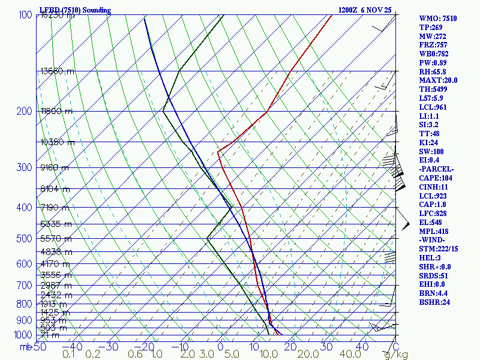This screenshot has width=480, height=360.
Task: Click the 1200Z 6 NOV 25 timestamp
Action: pyautogui.click(x=365, y=10)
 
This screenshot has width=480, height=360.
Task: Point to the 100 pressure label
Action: pyautogui.click(x=25, y=14)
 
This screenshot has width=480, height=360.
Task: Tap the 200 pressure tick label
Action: pyautogui.click(x=25, y=111)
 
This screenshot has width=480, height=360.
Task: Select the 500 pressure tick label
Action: pyautogui.click(x=25, y=239)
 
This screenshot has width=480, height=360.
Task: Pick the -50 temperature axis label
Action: pyautogui.click(x=38, y=346)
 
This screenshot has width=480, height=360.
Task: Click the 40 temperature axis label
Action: pyautogui.click(x=362, y=346)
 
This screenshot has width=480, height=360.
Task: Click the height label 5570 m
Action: pyautogui.click(x=56, y=239)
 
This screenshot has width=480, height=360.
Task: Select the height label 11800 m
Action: pyautogui.click(x=56, y=111)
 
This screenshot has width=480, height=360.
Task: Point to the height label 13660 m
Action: pyautogui.click(x=58, y=71)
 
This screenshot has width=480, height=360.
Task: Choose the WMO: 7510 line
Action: pyautogui.click(x=438, y=19)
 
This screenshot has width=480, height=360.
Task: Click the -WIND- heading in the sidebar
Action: pyautogui.click(x=434, y=240)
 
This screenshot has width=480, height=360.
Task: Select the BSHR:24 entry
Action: pyautogui.click(x=436, y=302)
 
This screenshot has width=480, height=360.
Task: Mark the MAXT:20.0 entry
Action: pyautogui.click(x=438, y=80)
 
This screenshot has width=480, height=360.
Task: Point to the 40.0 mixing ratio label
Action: pyautogui.click(x=334, y=355)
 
